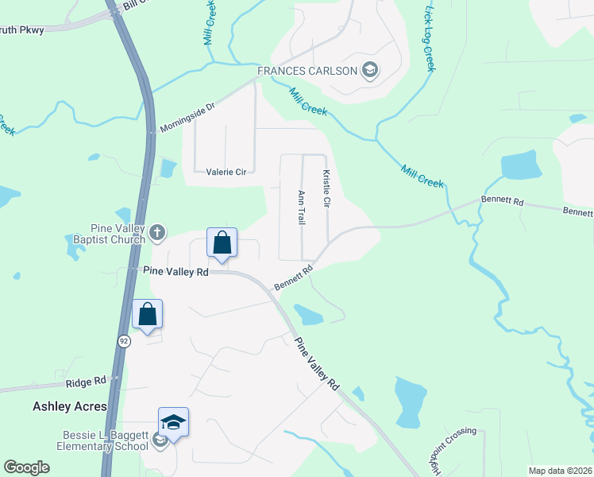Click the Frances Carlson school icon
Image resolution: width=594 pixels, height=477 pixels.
tap(369, 72)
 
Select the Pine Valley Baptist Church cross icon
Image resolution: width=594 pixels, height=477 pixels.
tap(157, 232)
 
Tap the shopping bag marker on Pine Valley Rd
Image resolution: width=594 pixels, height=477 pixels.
tap(222, 243)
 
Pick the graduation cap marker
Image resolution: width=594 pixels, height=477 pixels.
tap(173, 422)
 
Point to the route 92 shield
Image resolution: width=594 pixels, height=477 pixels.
tap(124, 341)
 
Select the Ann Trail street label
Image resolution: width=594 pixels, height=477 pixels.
tap(301, 207)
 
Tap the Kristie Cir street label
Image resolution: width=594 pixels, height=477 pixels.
tap(326, 188)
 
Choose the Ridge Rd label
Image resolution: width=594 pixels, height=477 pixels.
tap(86, 382)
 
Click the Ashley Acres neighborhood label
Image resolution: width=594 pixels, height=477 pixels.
tap(70, 406)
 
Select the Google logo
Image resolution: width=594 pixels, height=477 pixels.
tap(27, 467)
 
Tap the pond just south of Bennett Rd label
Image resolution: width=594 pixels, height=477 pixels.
tap(307, 315)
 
